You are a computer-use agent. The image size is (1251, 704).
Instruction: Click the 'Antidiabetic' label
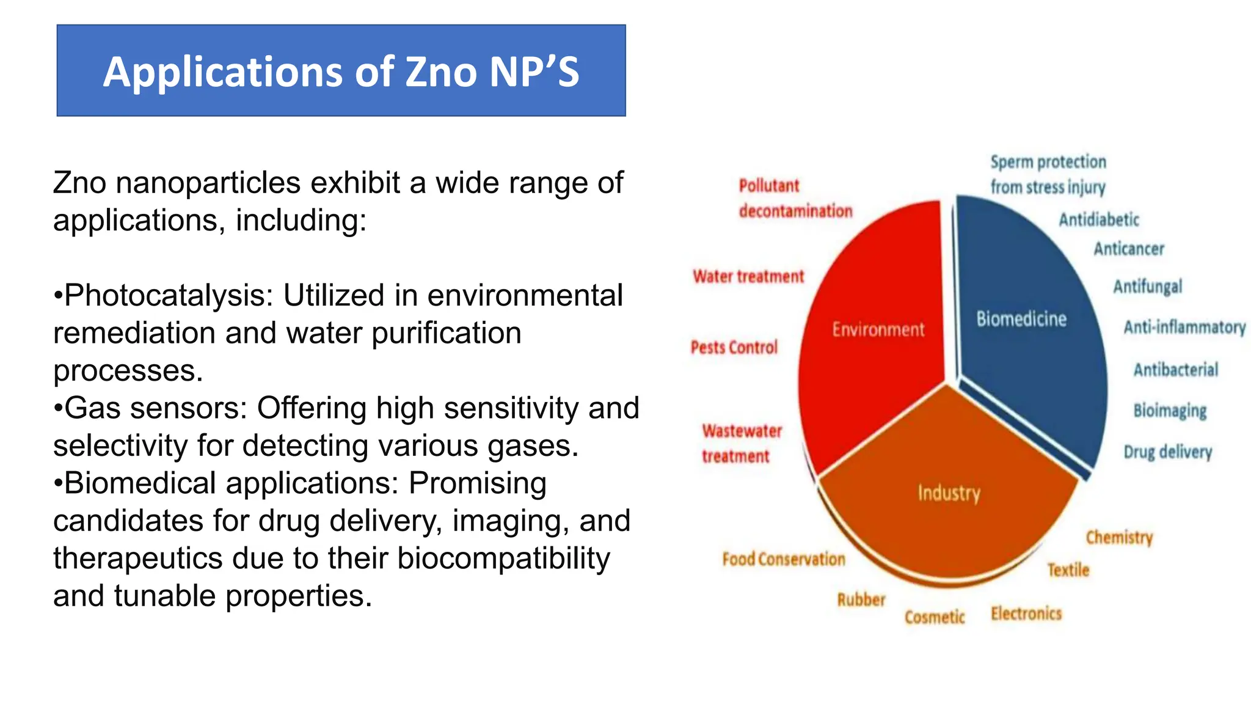click(1099, 220)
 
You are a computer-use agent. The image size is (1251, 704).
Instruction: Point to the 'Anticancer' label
click(1129, 249)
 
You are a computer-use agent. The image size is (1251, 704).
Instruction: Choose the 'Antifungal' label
click(1147, 287)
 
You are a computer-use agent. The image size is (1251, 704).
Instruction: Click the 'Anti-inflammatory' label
click(1184, 328)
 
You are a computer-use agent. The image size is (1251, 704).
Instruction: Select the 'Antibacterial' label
click(1175, 370)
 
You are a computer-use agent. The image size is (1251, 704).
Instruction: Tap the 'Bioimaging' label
click(1170, 411)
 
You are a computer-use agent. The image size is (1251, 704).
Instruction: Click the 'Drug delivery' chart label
click(1167, 452)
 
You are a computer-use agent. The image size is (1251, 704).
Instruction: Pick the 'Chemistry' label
click(1119, 538)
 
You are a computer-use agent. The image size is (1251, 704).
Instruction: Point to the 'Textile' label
click(1068, 570)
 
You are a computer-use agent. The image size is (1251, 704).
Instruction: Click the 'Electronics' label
click(1026, 614)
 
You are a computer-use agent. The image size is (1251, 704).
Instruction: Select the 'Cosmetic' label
click(935, 617)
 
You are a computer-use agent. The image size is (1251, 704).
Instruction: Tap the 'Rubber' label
click(861, 600)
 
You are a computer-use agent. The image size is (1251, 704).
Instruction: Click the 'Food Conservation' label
click(784, 559)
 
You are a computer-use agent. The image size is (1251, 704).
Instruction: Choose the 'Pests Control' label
click(734, 348)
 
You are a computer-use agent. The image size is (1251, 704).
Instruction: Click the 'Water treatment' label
click(748, 277)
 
